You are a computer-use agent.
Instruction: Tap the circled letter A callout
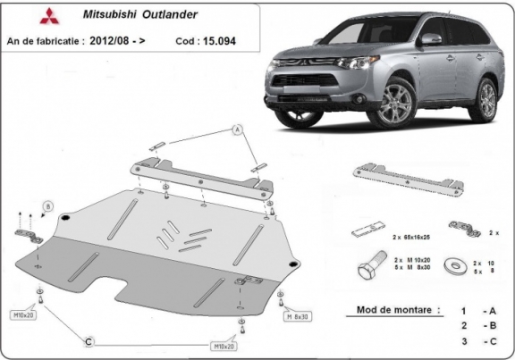click(238, 130)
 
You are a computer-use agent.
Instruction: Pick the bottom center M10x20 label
click(224, 345)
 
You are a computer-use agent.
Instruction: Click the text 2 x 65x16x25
click(412, 238)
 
